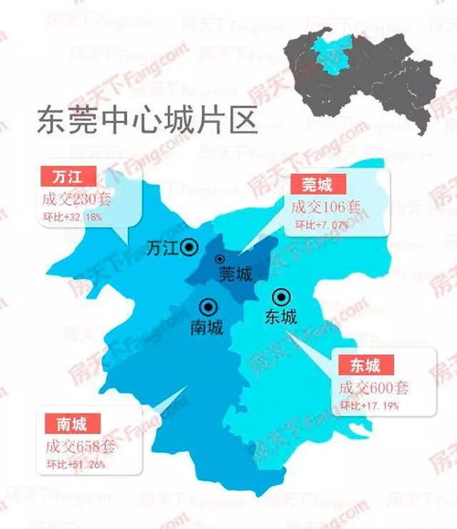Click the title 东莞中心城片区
(146, 121)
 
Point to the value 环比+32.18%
(73, 218)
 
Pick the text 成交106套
(326, 207)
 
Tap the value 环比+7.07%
(320, 224)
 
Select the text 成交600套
(374, 387)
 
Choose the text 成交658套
(80, 448)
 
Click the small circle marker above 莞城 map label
(219, 259)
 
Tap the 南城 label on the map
(207, 327)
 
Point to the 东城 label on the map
(281, 318)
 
